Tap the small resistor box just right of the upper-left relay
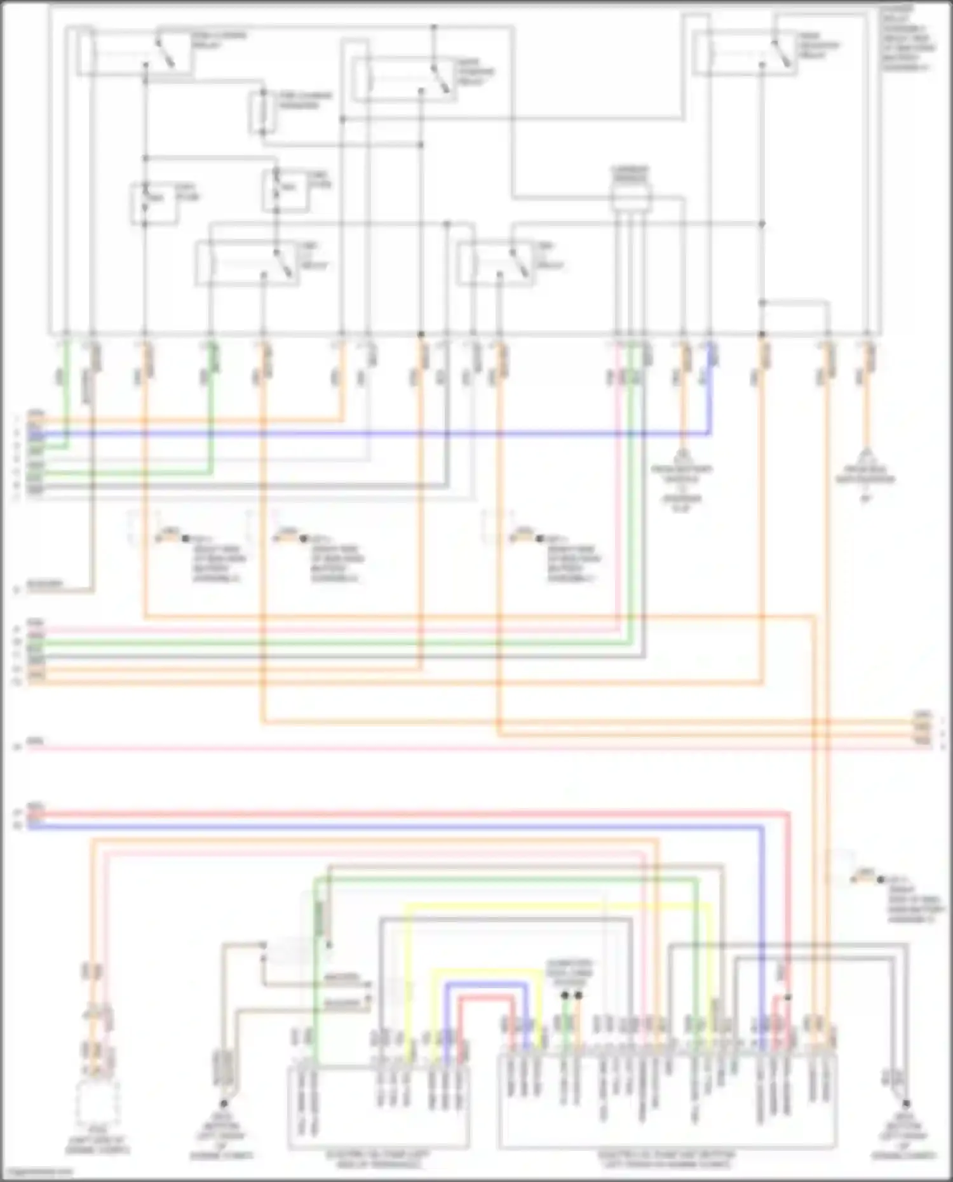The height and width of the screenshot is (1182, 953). click(261, 113)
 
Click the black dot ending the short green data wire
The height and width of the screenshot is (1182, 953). click(565, 995)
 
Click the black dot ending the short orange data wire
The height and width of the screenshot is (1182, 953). click(578, 995)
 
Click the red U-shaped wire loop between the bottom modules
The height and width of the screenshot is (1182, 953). click(486, 1000)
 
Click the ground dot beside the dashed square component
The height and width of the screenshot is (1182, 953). click(224, 1104)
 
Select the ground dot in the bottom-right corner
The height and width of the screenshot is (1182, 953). click(906, 1104)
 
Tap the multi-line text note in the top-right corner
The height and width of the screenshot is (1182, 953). click(907, 38)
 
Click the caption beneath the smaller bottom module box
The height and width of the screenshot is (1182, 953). click(379, 1159)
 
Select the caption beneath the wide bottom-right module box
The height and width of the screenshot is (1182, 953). click(667, 1159)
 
